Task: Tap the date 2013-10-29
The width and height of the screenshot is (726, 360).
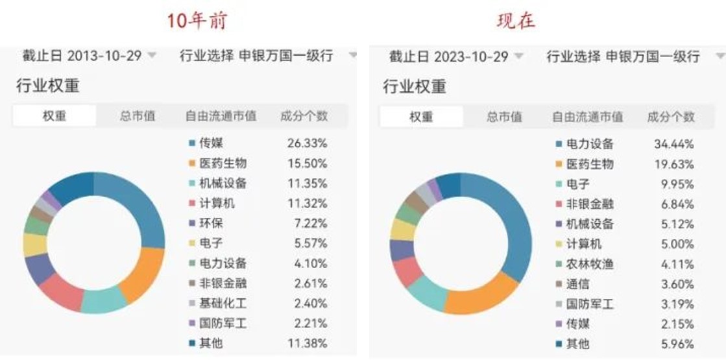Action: click(x=104, y=56)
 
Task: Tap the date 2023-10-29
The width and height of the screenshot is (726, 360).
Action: click(x=471, y=57)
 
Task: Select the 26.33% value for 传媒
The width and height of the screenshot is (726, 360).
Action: click(x=307, y=143)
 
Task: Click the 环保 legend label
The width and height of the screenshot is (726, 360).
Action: click(x=211, y=223)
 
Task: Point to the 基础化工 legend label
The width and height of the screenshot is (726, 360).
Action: click(x=223, y=303)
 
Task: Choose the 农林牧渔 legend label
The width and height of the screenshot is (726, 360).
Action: click(x=590, y=264)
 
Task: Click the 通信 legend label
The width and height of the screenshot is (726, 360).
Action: click(x=578, y=284)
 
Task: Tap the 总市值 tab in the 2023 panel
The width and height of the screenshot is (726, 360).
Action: click(x=504, y=117)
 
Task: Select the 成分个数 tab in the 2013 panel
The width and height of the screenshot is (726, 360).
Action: click(x=304, y=116)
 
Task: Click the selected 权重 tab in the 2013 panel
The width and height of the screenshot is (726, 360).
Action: click(x=54, y=116)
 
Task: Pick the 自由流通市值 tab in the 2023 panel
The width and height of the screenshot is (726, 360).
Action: click(x=587, y=117)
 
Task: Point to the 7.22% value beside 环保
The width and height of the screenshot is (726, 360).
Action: click(x=307, y=223)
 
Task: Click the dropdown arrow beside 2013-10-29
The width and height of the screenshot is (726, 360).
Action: click(x=152, y=56)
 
